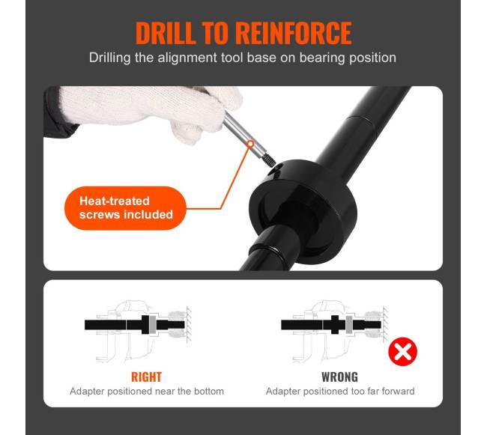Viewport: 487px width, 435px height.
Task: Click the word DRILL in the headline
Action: (x=166, y=33)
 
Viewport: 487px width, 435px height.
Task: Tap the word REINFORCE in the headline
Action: (x=294, y=33)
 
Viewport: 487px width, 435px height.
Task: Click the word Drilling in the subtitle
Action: (x=109, y=58)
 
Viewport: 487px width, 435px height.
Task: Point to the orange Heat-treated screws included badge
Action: (x=125, y=208)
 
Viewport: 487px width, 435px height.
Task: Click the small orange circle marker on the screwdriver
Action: (x=250, y=144)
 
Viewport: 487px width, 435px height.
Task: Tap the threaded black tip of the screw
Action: (x=268, y=159)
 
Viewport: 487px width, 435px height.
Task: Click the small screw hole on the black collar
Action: (x=275, y=169)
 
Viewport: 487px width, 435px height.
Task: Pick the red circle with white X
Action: (x=402, y=352)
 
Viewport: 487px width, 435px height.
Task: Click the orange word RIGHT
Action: (x=147, y=377)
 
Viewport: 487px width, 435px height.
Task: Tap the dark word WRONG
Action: (x=340, y=377)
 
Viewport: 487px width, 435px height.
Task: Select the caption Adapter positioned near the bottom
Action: (x=147, y=392)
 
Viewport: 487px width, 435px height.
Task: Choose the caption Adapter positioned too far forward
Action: (x=340, y=392)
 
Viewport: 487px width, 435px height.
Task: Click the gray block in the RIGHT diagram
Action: (x=153, y=325)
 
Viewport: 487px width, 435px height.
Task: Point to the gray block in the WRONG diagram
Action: (x=349, y=325)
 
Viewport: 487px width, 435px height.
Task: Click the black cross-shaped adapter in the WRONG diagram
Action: (x=334, y=325)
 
